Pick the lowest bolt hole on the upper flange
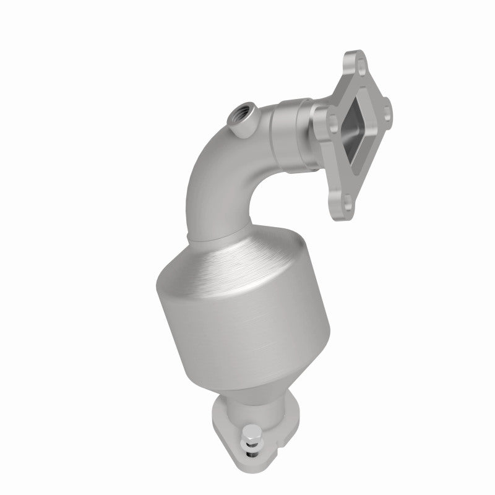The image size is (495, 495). point(348,200)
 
